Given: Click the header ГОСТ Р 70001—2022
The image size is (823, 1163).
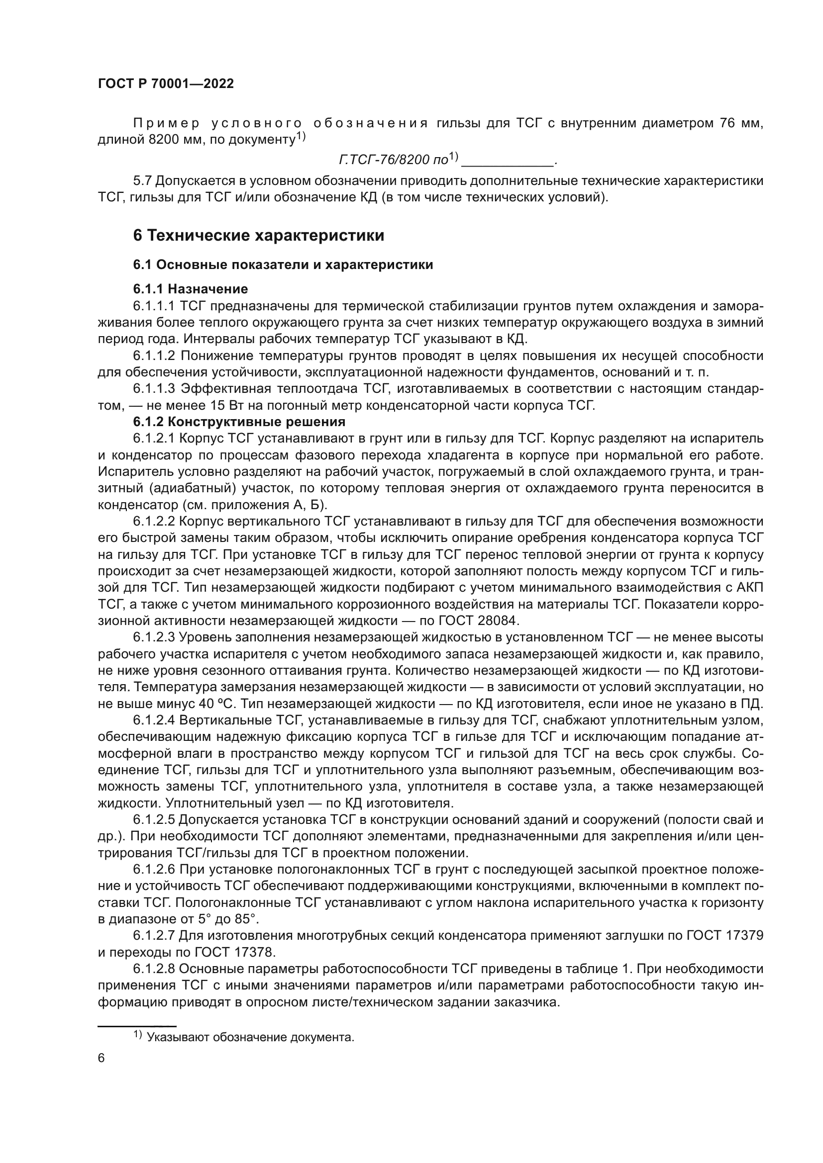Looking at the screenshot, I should click(166, 84).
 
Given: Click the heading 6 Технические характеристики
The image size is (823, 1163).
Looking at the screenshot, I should click(258, 236).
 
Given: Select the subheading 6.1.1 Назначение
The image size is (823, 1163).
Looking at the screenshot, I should click(191, 289).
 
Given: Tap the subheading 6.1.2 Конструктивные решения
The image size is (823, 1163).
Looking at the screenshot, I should click(239, 422).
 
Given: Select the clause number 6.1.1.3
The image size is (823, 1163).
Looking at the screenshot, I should click(154, 388).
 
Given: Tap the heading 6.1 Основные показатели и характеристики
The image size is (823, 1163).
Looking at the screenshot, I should click(283, 265).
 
